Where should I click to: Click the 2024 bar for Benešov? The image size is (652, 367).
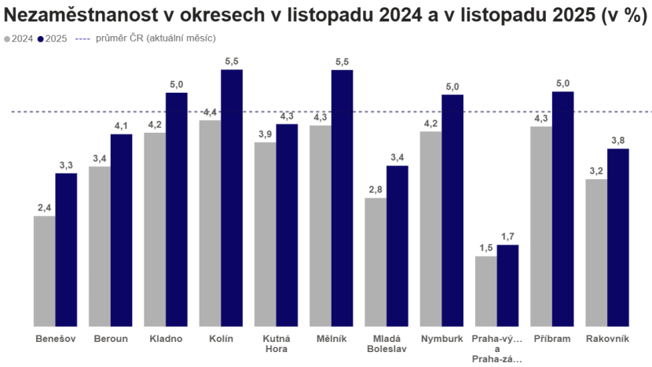44,270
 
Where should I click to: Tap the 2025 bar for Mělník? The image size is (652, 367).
342,196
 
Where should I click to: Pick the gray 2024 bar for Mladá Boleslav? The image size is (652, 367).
375,261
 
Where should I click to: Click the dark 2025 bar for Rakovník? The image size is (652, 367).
618,236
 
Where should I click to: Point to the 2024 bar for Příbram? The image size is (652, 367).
540,225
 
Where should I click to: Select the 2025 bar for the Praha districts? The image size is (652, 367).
507,284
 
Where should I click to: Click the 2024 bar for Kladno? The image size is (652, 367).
155,228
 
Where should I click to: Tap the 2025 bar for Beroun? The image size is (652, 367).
121,229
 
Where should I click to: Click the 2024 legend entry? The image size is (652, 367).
19,38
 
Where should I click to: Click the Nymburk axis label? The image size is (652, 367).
441,339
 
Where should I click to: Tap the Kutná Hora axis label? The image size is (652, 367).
276,343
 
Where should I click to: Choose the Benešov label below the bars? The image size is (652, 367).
55,339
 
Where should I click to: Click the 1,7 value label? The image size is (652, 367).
507,236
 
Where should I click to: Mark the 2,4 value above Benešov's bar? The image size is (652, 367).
45,207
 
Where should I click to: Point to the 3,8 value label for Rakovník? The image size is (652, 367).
618,140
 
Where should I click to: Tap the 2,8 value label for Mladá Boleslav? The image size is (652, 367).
375,189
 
